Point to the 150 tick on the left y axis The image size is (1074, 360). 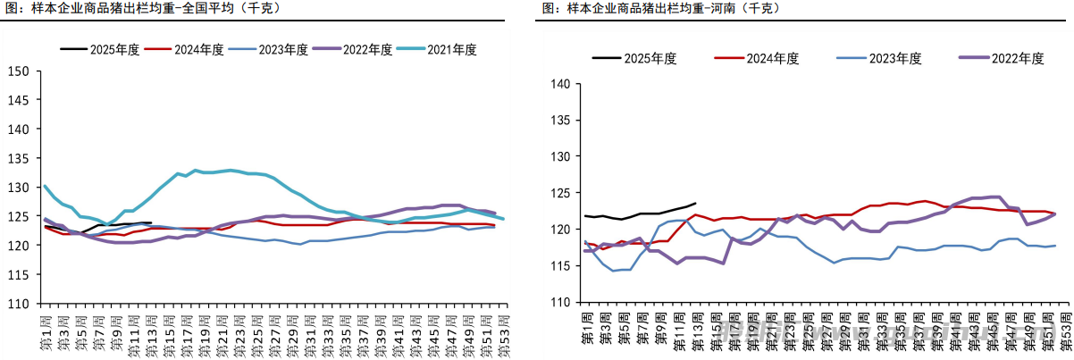click(x=19, y=71)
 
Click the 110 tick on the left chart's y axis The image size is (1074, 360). click(x=19, y=304)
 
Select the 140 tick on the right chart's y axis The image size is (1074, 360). click(x=559, y=85)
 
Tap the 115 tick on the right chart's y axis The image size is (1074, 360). click(x=559, y=266)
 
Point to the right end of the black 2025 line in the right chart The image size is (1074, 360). click(x=694, y=203)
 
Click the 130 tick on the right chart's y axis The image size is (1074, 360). click(x=559, y=157)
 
